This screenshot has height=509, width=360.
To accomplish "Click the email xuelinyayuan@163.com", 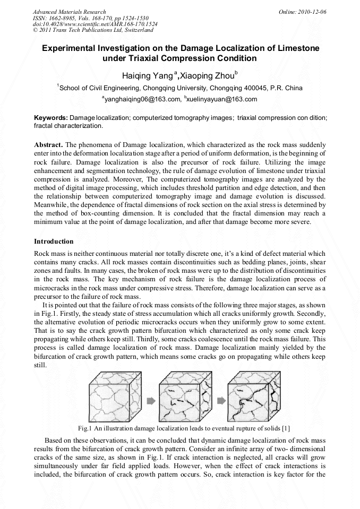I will [x=223, y=99].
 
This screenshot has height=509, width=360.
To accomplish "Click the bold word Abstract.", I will [x=48, y=144].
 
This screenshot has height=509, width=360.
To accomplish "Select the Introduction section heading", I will [x=54, y=241].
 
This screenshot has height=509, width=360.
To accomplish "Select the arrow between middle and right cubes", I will [x=219, y=401].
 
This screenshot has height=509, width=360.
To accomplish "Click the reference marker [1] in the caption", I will [x=286, y=428].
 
